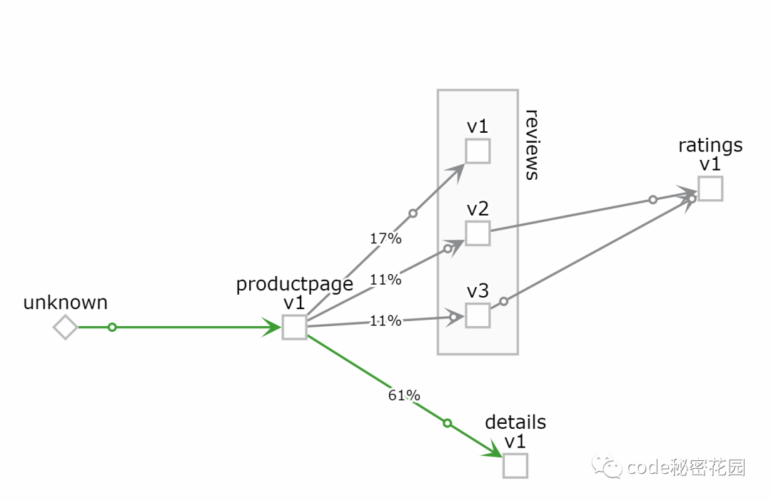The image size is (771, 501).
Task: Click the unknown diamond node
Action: tap(65, 328)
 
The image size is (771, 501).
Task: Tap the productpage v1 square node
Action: tap(294, 327)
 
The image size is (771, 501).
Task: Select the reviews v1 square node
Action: tap(478, 151)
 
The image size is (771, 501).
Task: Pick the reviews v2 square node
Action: tap(478, 233)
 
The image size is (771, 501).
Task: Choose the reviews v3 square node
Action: tap(478, 315)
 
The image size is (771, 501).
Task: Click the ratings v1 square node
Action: tap(710, 188)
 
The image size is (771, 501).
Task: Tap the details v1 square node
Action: tap(515, 465)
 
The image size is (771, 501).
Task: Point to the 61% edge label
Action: tap(404, 395)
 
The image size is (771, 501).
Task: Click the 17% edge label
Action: tap(385, 238)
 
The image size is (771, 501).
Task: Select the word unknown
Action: tap(66, 303)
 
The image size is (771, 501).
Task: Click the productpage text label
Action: tap(294, 284)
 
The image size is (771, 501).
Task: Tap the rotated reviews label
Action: tap(531, 145)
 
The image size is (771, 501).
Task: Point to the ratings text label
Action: tap(710, 146)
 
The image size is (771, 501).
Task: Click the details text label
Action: tap(515, 422)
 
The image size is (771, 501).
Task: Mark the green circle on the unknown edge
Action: tap(112, 328)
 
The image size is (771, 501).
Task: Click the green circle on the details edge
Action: tap(448, 423)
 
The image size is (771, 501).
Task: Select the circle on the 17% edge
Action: tap(413, 213)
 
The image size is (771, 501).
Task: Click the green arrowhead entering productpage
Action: tap(272, 328)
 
